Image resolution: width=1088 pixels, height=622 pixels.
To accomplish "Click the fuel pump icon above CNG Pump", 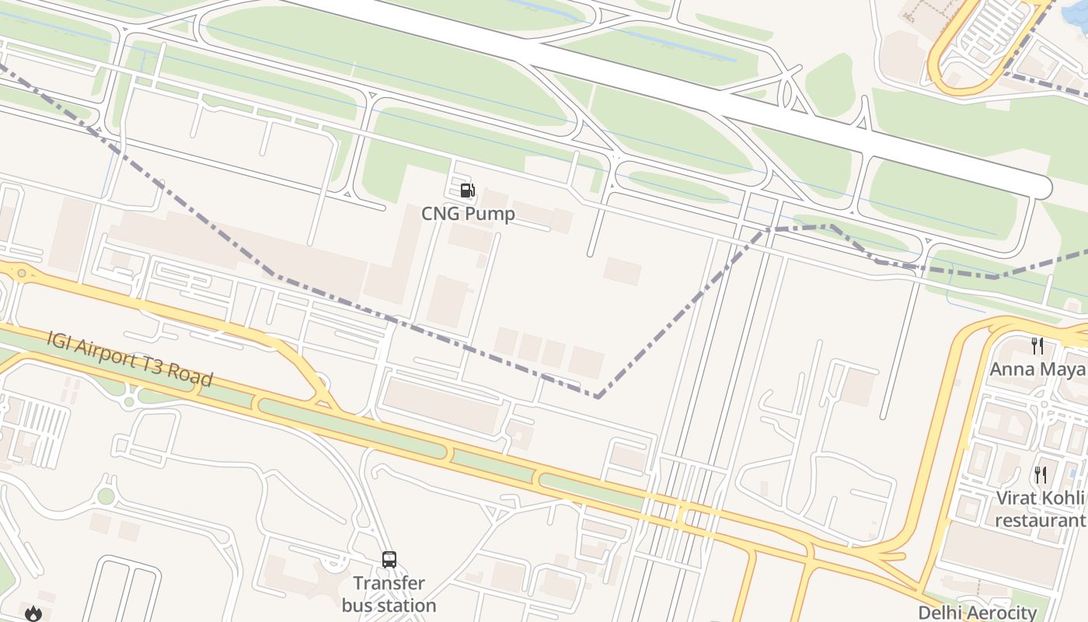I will [x=467, y=190].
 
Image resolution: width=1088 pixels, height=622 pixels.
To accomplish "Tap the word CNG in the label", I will [x=438, y=214].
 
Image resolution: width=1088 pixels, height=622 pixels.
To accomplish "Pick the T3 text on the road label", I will [x=158, y=367].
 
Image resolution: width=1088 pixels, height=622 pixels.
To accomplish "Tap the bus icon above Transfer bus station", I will [x=389, y=560].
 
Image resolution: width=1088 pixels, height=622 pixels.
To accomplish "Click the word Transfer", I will [x=389, y=583].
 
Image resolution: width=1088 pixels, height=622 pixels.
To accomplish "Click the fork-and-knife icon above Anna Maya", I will [x=1037, y=345].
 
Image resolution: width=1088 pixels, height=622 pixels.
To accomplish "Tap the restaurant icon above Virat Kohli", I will [x=1040, y=474].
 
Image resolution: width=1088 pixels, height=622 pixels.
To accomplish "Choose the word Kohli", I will [x=1062, y=498].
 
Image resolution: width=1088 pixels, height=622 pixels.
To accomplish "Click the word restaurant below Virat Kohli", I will [x=1040, y=519].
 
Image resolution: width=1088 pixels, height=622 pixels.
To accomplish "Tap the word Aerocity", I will [x=1003, y=613].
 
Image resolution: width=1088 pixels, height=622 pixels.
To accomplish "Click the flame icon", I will [x=33, y=613].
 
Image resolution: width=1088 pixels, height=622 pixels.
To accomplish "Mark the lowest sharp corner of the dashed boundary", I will [x=598, y=397].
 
